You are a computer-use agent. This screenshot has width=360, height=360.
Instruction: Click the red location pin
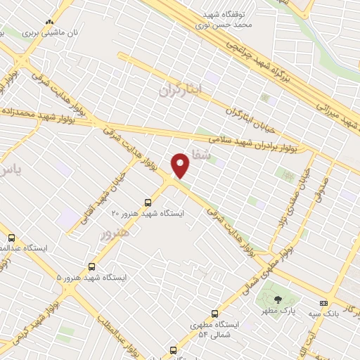(x=181, y=164)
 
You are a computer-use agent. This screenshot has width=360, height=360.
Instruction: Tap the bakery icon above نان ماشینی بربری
(x=48, y=22)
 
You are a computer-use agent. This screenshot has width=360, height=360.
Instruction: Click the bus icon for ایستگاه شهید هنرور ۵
(x=92, y=266)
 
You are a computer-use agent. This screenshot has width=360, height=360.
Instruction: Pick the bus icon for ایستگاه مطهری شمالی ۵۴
(x=214, y=314)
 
